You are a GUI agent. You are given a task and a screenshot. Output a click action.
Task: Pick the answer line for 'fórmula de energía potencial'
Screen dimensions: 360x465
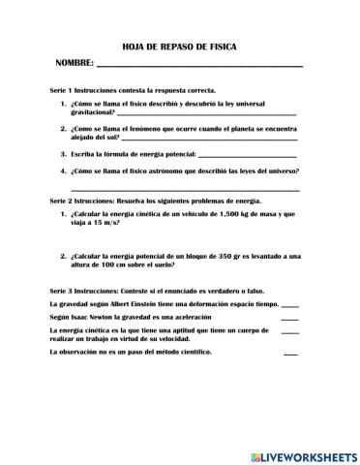tap(246, 155)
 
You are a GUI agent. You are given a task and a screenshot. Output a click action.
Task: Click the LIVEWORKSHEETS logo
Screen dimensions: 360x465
tap(303, 454)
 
